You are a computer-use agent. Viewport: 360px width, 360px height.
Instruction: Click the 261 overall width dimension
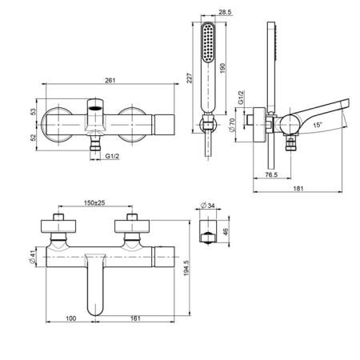click(x=110, y=80)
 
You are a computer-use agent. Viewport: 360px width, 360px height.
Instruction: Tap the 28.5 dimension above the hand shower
click(x=225, y=12)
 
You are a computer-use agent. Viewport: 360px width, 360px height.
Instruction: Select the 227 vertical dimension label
click(x=189, y=78)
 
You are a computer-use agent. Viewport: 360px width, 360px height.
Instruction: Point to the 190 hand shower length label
click(x=222, y=68)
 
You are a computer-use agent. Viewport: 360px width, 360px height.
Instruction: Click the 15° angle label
click(x=318, y=125)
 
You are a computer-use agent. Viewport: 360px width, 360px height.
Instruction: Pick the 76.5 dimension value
click(x=271, y=174)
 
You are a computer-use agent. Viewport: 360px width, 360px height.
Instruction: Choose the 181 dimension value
click(x=298, y=188)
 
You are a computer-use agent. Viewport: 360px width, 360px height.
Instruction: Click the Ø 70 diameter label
click(x=232, y=125)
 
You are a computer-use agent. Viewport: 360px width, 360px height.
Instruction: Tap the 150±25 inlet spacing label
click(x=94, y=202)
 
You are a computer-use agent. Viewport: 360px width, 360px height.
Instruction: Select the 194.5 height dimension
click(x=186, y=268)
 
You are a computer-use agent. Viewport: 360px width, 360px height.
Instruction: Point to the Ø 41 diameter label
click(x=33, y=258)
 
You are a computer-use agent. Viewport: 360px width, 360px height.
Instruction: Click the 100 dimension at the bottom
click(x=71, y=318)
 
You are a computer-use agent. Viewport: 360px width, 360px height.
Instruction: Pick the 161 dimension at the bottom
click(x=135, y=318)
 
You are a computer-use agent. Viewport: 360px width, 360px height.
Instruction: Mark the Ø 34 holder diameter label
click(x=207, y=206)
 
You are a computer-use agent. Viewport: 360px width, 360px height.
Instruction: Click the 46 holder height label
click(x=226, y=231)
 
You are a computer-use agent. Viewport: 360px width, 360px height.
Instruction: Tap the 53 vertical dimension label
click(x=32, y=112)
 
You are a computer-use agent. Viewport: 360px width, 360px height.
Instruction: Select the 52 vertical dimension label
click(x=32, y=138)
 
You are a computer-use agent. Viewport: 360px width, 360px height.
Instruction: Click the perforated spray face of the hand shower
click(x=208, y=42)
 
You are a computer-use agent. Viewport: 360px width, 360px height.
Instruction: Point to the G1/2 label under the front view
click(x=112, y=156)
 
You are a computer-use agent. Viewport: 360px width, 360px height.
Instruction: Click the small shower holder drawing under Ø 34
click(x=208, y=231)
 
